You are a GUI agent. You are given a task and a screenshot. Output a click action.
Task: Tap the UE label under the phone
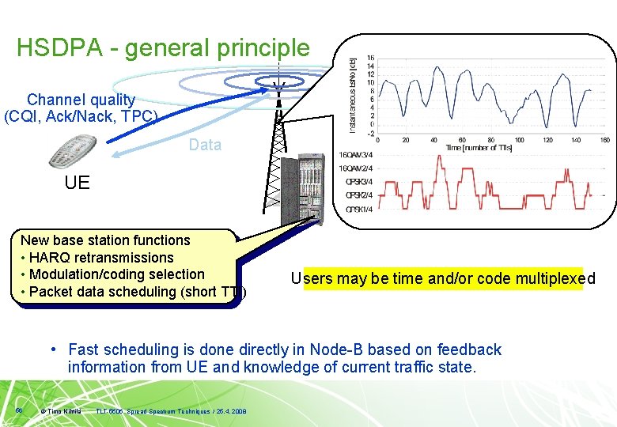[78, 183]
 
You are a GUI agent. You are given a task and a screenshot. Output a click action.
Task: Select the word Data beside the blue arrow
[205, 145]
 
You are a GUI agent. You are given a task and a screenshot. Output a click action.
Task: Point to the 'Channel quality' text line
[81, 100]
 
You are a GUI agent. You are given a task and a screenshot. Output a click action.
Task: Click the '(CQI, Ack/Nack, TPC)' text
[81, 117]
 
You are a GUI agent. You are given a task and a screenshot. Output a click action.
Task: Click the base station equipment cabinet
[302, 190]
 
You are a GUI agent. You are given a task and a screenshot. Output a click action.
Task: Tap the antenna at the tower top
[278, 87]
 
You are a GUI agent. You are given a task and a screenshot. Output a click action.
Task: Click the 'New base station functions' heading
[105, 240]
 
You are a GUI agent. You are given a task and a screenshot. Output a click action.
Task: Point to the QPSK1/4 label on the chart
[359, 210]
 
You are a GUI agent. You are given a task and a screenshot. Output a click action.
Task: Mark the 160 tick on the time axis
[604, 140]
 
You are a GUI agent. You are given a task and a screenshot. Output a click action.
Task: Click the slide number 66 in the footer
[18, 410]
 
